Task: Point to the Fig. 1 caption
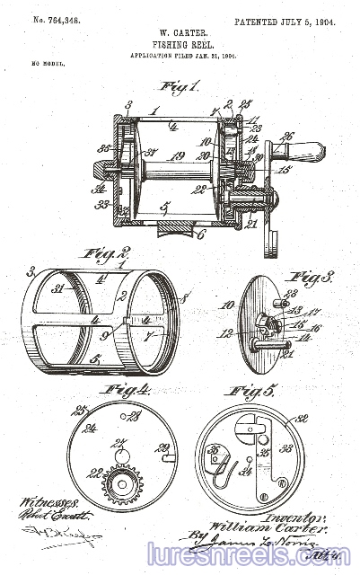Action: click(178, 87)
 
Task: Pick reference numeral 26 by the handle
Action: click(286, 136)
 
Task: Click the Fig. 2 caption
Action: click(107, 254)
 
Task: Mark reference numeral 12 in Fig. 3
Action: click(224, 334)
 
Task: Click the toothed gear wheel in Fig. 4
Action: click(121, 483)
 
